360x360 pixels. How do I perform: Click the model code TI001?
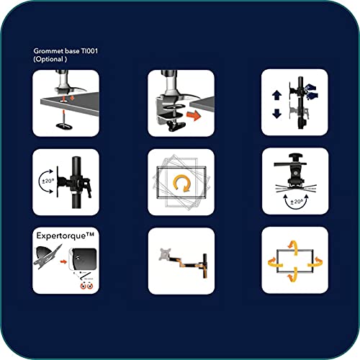pos(89,51)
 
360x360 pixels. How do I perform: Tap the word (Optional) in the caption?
pos(50,59)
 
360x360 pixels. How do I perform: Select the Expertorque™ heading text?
pos(65,235)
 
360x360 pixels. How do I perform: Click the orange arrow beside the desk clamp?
pos(194,115)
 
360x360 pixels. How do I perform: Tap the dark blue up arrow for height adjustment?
pos(276,95)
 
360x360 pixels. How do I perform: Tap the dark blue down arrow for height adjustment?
pos(276,114)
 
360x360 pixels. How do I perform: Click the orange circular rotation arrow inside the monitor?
pos(182,183)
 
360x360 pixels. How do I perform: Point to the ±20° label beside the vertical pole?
pos(48,181)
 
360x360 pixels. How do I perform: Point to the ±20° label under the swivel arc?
pos(296,202)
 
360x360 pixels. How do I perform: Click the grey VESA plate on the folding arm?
pos(166,255)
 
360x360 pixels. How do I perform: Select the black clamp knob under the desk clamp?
pos(176,126)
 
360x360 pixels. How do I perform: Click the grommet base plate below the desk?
pos(63,126)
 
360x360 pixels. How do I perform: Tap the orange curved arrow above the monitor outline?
pos(293,247)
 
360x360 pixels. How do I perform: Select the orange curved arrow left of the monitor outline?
pos(275,262)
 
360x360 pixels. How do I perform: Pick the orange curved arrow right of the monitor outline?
pos(315,262)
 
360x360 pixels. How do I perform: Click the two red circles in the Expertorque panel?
pos(86,286)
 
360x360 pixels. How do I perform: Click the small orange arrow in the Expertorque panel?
pos(63,261)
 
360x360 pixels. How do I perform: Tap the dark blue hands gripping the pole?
pos(311,91)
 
